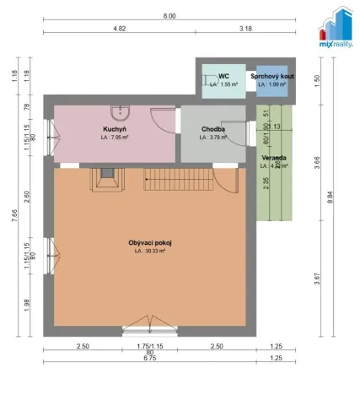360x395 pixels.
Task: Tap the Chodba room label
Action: (x=212, y=129)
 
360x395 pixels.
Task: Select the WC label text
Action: (x=223, y=76)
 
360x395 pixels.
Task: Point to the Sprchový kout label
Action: (x=272, y=76)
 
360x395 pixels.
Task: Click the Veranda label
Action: (x=272, y=158)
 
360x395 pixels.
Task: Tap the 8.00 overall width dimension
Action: (x=169, y=16)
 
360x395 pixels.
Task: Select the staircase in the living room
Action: (x=178, y=178)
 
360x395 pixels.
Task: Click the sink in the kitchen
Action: (x=123, y=111)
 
